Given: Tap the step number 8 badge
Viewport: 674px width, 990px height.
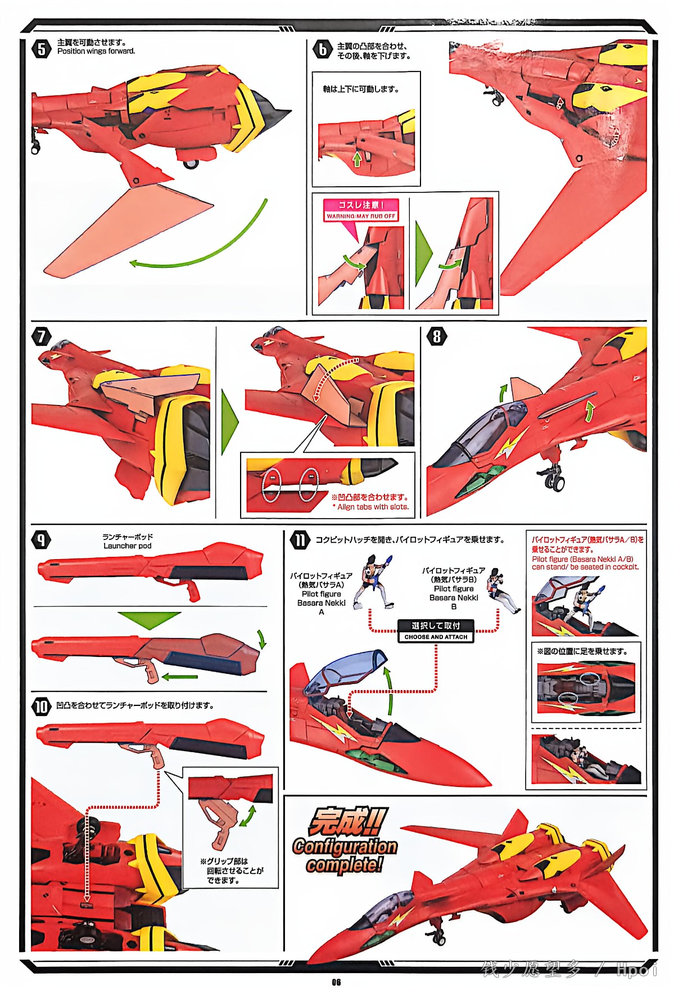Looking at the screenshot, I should point(437,336).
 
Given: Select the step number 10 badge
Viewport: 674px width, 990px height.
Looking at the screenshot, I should point(41,706).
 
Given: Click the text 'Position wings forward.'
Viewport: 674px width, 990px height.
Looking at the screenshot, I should point(96,51).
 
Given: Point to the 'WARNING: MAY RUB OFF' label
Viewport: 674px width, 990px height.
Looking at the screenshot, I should point(361,216).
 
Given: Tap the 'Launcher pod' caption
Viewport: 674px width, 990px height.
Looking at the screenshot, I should point(127,546).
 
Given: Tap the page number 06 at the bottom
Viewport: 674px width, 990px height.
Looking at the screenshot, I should point(336,982).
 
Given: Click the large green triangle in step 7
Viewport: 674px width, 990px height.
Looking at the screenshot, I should point(230,421).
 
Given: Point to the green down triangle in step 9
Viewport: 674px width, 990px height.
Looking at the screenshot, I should point(148,619).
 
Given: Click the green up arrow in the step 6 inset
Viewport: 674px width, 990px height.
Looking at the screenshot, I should point(356,159).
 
